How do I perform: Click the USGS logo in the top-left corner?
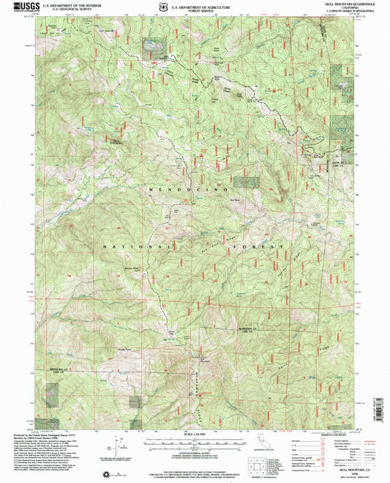click(15, 7)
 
